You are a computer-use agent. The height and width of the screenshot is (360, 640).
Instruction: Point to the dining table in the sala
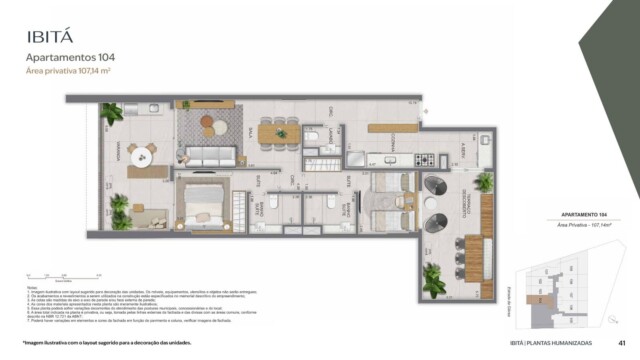click(279, 132)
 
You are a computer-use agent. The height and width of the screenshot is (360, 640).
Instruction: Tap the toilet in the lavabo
click(311, 137)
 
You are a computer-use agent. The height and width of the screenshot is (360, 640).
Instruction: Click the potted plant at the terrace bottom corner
click(434, 282)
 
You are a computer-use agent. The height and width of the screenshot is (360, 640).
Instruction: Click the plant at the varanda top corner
click(112, 114)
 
